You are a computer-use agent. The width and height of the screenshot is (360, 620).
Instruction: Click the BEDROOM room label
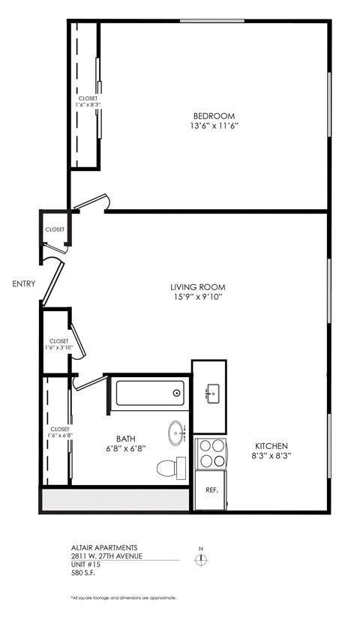click(214, 115)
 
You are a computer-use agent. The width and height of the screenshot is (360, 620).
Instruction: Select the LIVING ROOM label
click(197, 286)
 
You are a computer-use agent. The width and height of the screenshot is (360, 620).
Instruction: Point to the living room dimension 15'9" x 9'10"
click(197, 297)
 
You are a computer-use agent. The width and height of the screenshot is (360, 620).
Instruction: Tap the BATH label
click(125, 439)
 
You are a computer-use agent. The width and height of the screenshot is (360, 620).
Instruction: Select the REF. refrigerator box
click(212, 490)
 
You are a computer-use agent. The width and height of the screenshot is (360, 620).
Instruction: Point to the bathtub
click(150, 392)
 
